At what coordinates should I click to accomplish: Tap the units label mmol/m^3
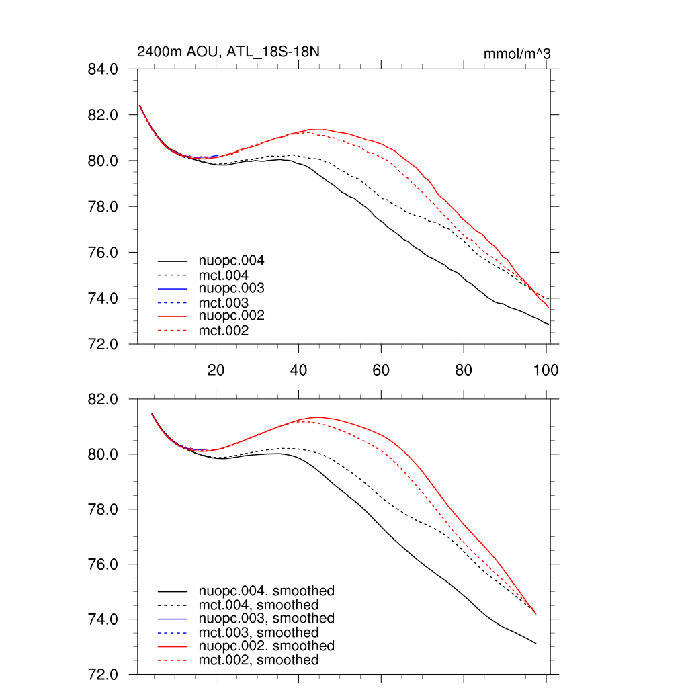click(517, 54)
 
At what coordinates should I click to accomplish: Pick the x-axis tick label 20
click(216, 369)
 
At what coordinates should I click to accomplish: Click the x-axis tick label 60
click(381, 369)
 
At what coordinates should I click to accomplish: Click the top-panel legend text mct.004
click(223, 275)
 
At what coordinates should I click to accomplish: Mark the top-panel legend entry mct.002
click(223, 330)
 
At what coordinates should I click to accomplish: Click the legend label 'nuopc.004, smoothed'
click(267, 591)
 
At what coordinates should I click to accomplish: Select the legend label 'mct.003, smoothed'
click(259, 632)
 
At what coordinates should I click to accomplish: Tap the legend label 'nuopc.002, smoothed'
click(267, 646)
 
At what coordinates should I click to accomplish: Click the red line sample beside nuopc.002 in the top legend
click(172, 316)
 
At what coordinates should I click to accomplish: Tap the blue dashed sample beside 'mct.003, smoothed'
click(172, 632)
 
